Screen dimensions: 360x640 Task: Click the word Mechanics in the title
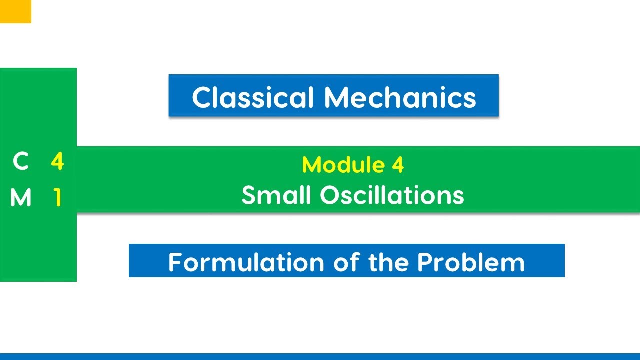point(400,97)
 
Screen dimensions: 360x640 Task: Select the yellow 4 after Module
point(398,165)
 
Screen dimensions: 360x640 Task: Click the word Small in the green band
point(276,195)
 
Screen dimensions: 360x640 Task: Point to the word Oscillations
point(392,195)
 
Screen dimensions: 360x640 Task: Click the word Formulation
point(244,262)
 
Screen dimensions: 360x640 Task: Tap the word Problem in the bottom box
point(471,262)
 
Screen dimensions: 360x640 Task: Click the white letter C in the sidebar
point(21,162)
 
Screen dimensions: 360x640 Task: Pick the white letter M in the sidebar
point(21,198)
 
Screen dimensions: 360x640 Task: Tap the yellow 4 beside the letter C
point(57,162)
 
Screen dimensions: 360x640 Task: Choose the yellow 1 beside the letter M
point(57,198)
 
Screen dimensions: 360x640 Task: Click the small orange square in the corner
point(15,11)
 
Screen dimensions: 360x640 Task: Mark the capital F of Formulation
point(176,262)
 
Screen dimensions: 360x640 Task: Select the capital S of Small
point(249,195)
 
